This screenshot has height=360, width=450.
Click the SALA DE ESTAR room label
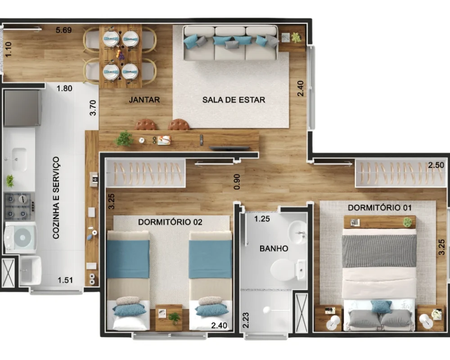[x=234, y=100]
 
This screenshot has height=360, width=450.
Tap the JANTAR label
[x=144, y=100]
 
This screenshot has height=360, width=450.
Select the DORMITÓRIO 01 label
[x=380, y=207]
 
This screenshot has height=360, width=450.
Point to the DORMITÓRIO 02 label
[x=170, y=222]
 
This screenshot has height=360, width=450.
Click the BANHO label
[x=274, y=248]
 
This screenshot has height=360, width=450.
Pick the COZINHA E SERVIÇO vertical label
[x=56, y=198]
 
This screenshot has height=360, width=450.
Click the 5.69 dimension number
[x=64, y=30]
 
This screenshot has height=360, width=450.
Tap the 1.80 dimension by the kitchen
[x=64, y=88]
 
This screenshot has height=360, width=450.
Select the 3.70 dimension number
[x=93, y=108]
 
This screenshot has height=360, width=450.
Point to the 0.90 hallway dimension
[x=237, y=182]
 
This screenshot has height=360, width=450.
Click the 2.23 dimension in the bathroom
[x=246, y=320]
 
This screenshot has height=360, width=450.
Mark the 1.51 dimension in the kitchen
[x=65, y=280]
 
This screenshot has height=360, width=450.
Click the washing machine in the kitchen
[x=21, y=238]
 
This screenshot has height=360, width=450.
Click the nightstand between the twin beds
[x=169, y=318]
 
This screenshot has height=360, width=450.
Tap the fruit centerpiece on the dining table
[x=121, y=54]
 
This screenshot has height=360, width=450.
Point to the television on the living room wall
[x=229, y=148]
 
